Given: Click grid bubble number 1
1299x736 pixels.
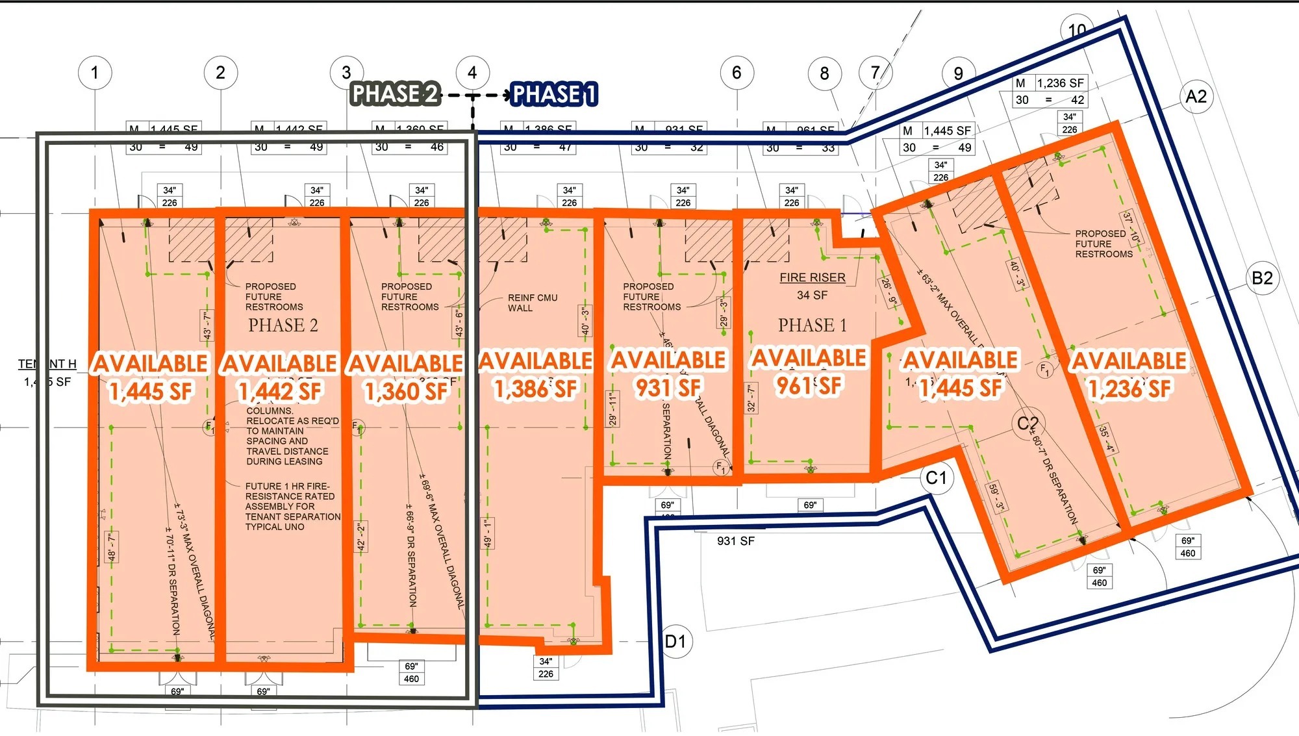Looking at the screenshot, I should pyautogui.click(x=95, y=72).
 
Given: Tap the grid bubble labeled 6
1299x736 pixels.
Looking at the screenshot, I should pyautogui.click(x=737, y=72).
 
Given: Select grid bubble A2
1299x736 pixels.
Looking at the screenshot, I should pyautogui.click(x=1196, y=97).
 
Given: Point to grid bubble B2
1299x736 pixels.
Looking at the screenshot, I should pyautogui.click(x=1262, y=278).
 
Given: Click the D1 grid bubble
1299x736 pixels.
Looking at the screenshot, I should pyautogui.click(x=675, y=642).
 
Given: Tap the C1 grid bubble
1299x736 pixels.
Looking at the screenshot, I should pyautogui.click(x=936, y=478).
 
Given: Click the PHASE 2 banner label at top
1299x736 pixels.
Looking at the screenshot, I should pyautogui.click(x=395, y=94).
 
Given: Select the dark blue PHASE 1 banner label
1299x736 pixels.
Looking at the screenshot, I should pyautogui.click(x=553, y=95).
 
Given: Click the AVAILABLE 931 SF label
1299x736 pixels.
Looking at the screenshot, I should pyautogui.click(x=668, y=374).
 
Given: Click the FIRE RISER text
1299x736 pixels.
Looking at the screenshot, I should pyautogui.click(x=813, y=277).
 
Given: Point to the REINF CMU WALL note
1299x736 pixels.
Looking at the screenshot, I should pyautogui.click(x=533, y=303).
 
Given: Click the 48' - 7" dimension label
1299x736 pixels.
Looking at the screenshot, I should pyautogui.click(x=112, y=547).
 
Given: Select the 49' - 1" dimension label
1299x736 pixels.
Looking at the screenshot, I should pyautogui.click(x=487, y=533).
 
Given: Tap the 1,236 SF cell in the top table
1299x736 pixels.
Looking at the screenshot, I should pyautogui.click(x=1060, y=83).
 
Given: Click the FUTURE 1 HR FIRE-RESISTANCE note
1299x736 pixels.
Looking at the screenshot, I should pyautogui.click(x=292, y=506).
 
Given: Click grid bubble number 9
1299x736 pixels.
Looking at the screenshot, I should pyautogui.click(x=958, y=73).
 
